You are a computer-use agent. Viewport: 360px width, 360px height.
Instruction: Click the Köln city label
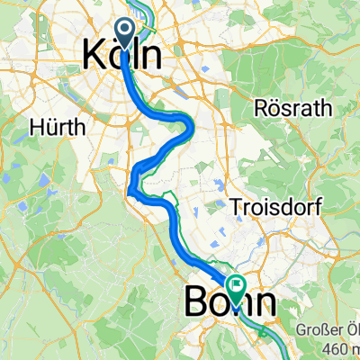123,56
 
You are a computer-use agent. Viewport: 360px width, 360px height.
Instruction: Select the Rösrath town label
293,108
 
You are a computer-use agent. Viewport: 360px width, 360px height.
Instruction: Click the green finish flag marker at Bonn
235,288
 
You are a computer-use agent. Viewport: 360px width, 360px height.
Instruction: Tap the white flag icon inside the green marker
235,287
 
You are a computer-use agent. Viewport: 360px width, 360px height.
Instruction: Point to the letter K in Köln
94,56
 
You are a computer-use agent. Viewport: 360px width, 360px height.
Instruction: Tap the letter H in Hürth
37,127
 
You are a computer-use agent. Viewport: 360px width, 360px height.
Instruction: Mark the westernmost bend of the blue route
130,186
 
